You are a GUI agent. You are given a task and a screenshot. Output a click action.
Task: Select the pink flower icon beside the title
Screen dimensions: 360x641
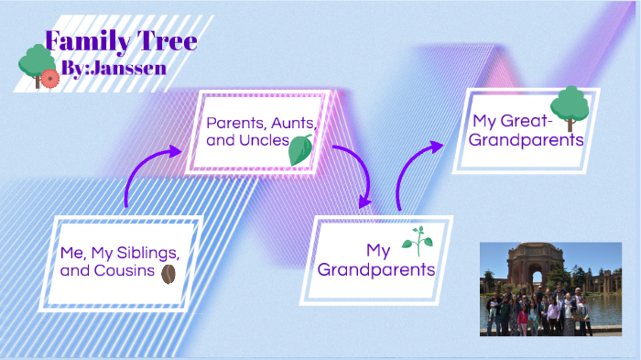pyautogui.click(x=49, y=79)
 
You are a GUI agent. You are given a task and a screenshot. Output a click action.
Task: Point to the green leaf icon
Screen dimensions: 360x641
pyautogui.click(x=300, y=150)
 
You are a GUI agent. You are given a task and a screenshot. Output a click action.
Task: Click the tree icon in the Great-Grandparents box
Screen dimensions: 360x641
pyautogui.click(x=570, y=108)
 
